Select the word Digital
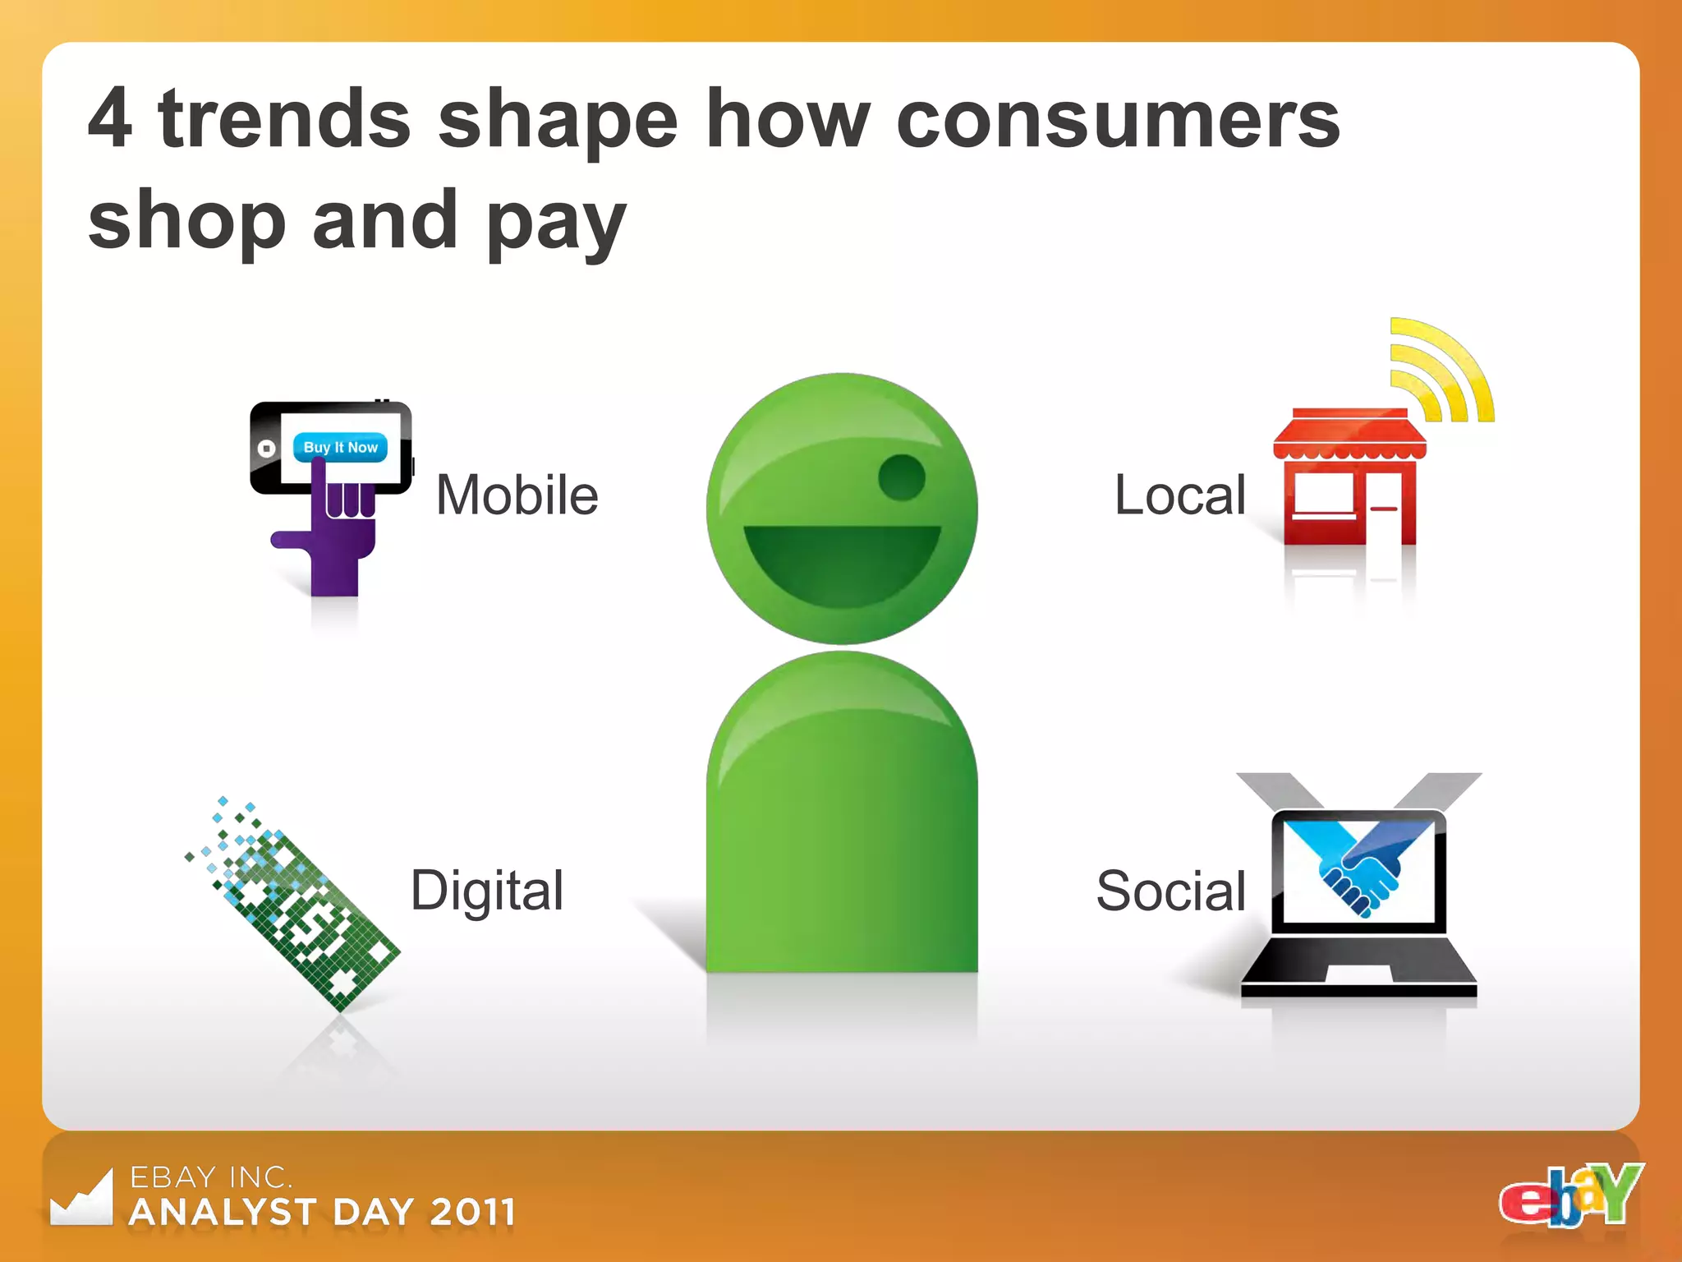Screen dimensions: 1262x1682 486,890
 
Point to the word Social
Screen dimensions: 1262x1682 1170,890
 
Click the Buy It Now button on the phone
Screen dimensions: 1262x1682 340,447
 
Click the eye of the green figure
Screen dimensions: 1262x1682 901,477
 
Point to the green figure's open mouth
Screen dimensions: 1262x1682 841,563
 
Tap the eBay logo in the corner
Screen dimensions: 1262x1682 1570,1196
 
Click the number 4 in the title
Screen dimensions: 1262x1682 110,119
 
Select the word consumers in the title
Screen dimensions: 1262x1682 1117,121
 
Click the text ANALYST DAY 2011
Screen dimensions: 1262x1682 323,1212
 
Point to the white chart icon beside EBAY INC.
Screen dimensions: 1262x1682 82,1200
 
